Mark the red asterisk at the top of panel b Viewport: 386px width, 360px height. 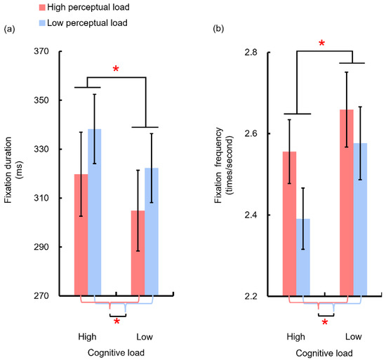pyautogui.click(x=322, y=44)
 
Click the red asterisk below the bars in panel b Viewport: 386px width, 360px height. pyautogui.click(x=325, y=323)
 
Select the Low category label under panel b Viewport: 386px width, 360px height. pyautogui.click(x=354, y=336)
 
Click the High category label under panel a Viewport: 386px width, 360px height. pyautogui.click(x=88, y=336)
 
